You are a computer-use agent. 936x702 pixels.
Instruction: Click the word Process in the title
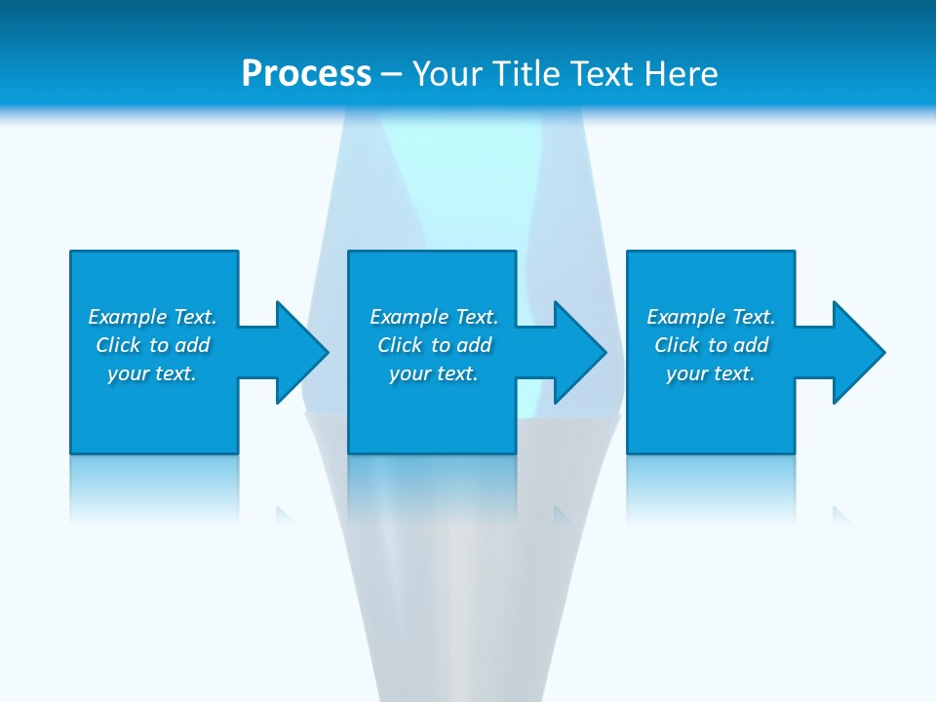tap(306, 74)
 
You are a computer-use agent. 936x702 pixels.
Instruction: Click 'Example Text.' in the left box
tap(152, 317)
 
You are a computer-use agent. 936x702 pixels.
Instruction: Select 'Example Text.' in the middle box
tap(434, 317)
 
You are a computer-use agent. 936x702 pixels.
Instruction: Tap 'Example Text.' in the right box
tap(711, 317)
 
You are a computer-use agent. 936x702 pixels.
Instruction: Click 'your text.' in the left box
tap(152, 373)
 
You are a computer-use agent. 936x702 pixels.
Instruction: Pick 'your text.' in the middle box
tap(434, 373)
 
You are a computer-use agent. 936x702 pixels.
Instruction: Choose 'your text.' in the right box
tap(711, 373)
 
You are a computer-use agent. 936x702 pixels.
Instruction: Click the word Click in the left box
tap(118, 345)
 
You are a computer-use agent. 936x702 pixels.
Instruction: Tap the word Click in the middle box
tap(400, 345)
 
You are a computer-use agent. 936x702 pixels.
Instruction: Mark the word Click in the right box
tap(677, 345)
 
